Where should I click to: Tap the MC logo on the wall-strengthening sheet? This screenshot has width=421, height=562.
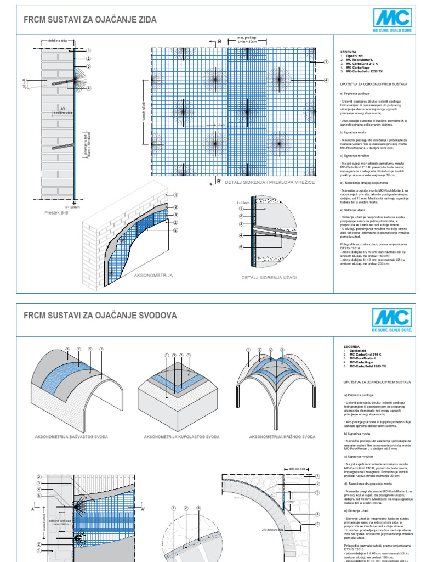click(391, 20)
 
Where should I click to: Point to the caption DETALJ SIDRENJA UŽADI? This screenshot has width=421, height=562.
click(269, 278)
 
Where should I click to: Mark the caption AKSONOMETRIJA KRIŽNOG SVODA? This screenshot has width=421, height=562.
click(282, 437)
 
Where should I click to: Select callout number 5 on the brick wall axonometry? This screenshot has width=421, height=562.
click(175, 230)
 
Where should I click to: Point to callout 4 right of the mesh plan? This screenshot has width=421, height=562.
click(326, 80)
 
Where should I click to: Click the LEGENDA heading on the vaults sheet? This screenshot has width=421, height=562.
click(352, 347)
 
